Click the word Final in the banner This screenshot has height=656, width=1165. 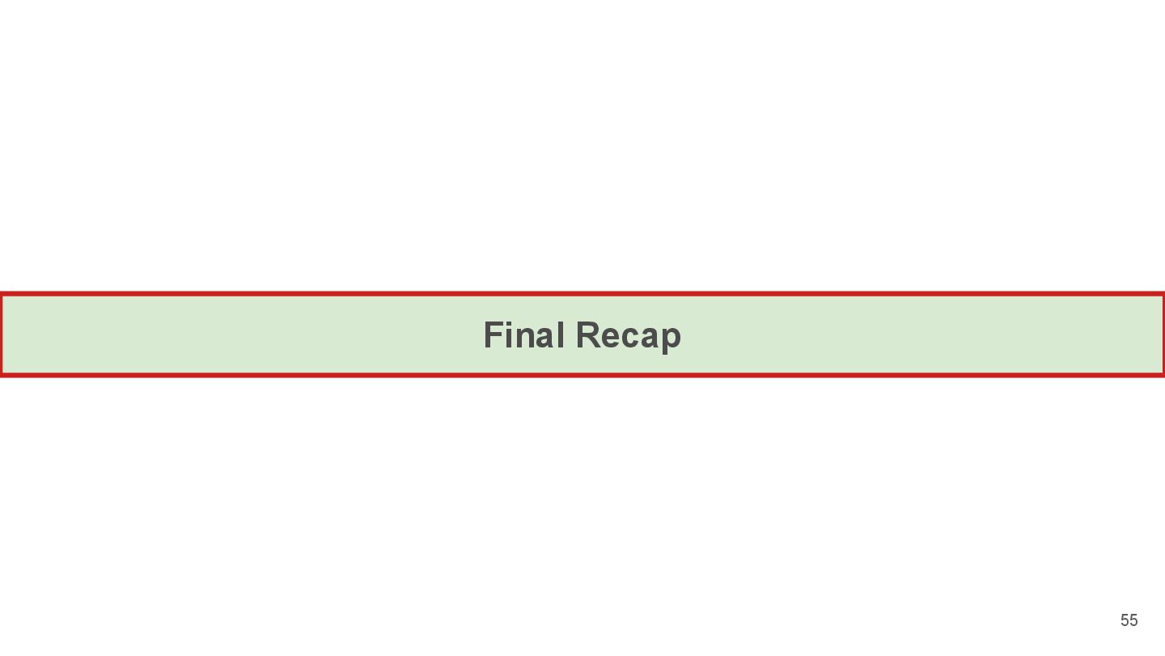tap(523, 335)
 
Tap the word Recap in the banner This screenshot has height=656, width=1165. tap(629, 336)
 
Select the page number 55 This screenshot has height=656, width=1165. tap(1129, 620)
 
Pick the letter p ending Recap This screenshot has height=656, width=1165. tap(671, 340)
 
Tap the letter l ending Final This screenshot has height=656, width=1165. tap(560, 335)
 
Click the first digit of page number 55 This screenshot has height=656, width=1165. tap(1125, 620)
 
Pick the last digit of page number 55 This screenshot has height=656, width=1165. tap(1133, 620)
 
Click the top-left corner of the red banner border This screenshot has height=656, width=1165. tap(2, 294)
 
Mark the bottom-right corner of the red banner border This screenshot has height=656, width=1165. tap(1163, 374)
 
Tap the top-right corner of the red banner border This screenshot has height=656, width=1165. tap(1163, 294)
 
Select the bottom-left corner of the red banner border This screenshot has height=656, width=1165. tap(2, 374)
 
